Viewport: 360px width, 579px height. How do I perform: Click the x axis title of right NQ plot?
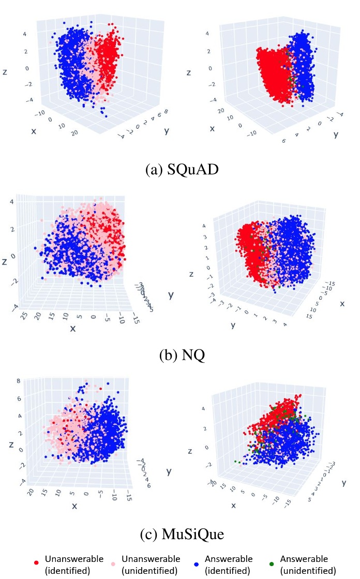pos(342,303)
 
